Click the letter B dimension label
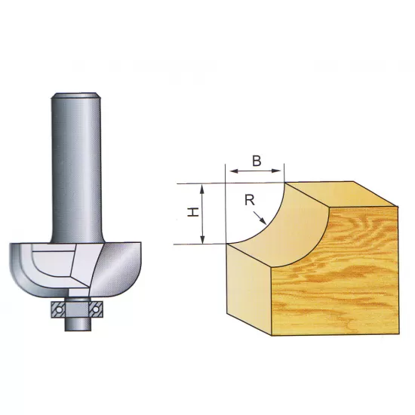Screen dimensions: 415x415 [x=256, y=160]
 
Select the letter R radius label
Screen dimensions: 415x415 [x=248, y=200]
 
